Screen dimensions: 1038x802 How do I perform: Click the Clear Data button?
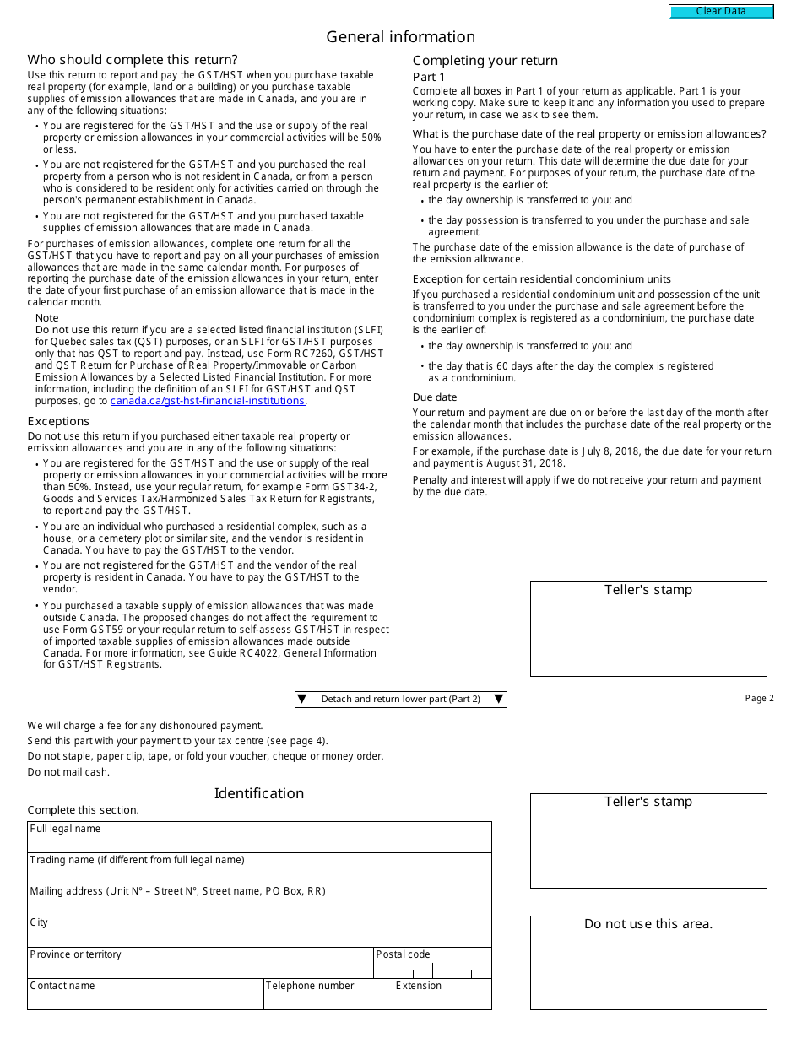pyautogui.click(x=721, y=12)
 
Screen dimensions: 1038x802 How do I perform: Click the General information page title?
pyautogui.click(x=400, y=37)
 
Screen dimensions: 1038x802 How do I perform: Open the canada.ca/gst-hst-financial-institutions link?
pyautogui.click(x=207, y=401)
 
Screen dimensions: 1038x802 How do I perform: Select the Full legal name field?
pyautogui.click(x=259, y=841)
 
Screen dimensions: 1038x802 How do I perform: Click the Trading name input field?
pyautogui.click(x=259, y=872)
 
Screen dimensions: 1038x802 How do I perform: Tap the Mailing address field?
pyautogui.click(x=259, y=904)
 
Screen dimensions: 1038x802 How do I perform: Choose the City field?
pyautogui.click(x=259, y=935)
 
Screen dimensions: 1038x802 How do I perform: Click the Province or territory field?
pyautogui.click(x=200, y=966)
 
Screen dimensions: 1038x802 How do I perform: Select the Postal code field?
pyautogui.click(x=432, y=968)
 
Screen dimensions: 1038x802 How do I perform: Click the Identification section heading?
pyautogui.click(x=259, y=793)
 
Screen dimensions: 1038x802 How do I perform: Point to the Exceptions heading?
pyautogui.click(x=58, y=421)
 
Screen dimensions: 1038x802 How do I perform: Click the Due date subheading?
pyautogui.click(x=435, y=397)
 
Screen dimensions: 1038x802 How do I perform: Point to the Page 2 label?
pyautogui.click(x=759, y=699)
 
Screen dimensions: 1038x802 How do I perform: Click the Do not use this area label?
pyautogui.click(x=648, y=924)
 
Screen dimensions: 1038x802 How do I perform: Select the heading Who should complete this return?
pyautogui.click(x=133, y=60)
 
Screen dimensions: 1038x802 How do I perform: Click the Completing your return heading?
pyautogui.click(x=485, y=61)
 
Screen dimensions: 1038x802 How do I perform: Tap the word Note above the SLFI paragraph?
pyautogui.click(x=47, y=318)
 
